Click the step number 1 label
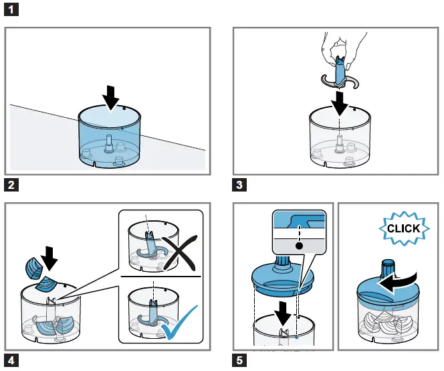click(x=11, y=9)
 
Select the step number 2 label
click(x=11, y=185)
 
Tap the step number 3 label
click(x=239, y=185)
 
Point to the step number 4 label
click(x=11, y=360)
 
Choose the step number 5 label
click(x=239, y=360)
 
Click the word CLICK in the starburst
click(x=403, y=228)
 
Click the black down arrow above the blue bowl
click(x=111, y=98)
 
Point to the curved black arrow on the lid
click(x=398, y=281)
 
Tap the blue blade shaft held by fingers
click(x=339, y=71)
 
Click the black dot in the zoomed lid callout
click(x=299, y=246)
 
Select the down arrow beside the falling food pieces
click(x=49, y=258)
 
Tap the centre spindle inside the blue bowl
click(x=108, y=143)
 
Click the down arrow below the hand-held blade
click(x=340, y=103)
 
